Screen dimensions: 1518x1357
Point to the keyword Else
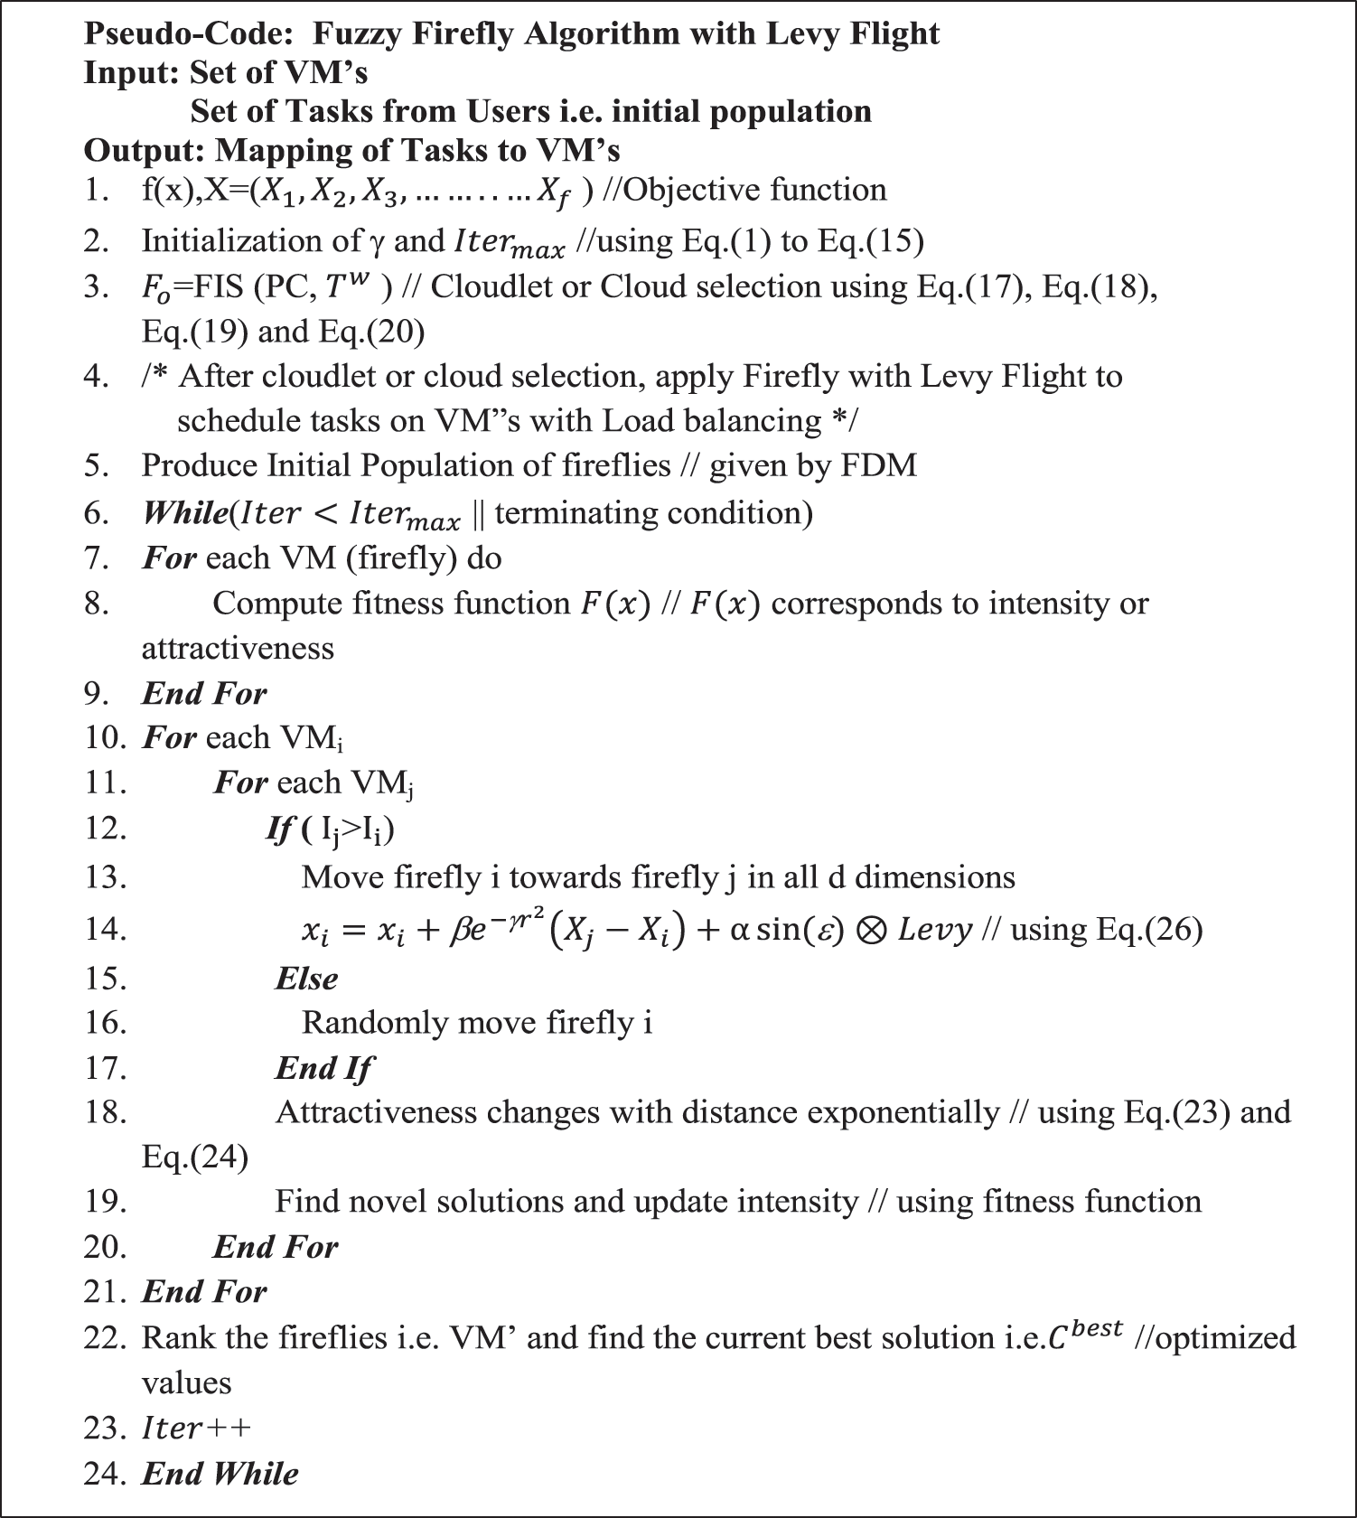click(306, 979)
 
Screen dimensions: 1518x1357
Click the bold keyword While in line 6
click(184, 513)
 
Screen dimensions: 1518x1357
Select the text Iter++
click(196, 1429)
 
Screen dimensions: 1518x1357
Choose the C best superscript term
click(1084, 1335)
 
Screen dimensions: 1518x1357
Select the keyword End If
click(323, 1068)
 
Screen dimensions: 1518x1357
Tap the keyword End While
click(220, 1474)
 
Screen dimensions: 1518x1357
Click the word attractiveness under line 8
click(238, 649)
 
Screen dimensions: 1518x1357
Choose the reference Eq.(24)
click(194, 1157)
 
